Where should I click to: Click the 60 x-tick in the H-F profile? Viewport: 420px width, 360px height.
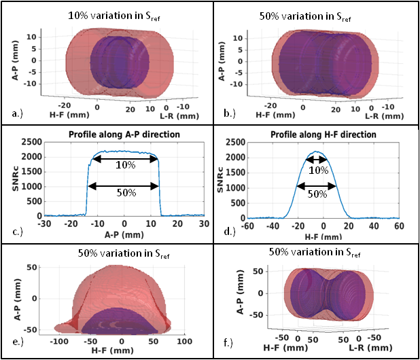coord(398,225)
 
